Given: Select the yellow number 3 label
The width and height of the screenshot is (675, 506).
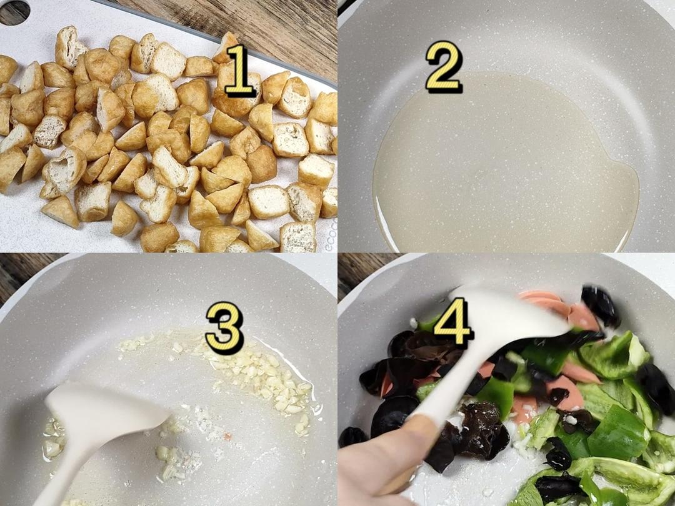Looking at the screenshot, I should tap(224, 327).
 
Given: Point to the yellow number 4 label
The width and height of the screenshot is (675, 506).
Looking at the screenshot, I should tap(453, 322).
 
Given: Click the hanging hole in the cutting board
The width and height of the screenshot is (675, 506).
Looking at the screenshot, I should tap(14, 12).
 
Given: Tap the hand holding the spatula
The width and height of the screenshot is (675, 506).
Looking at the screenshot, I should tap(375, 469).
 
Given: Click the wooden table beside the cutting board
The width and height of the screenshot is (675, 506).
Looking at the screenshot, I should tap(250, 25).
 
